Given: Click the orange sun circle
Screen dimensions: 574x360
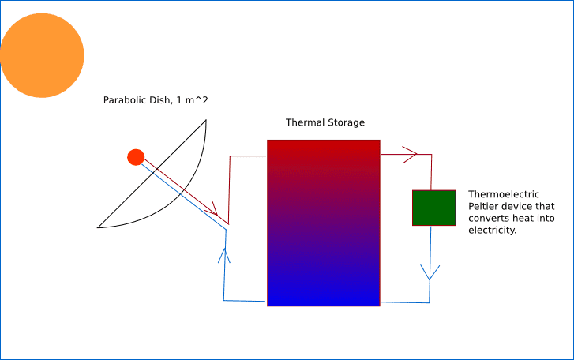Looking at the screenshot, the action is click(x=42, y=55).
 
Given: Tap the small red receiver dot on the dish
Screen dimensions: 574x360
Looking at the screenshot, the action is click(x=136, y=157).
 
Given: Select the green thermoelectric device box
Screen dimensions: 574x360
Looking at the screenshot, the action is click(x=433, y=208).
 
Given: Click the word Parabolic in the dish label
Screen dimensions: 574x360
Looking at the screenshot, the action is click(x=125, y=100).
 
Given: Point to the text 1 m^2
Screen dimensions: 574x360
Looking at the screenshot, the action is click(x=192, y=100).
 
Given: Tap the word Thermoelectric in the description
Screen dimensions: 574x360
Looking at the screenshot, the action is click(x=504, y=194).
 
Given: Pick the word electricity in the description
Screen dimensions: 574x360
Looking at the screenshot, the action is click(x=493, y=230).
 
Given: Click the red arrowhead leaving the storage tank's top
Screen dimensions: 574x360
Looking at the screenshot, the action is click(x=410, y=155).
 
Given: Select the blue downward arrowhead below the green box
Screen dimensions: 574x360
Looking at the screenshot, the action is click(x=430, y=272).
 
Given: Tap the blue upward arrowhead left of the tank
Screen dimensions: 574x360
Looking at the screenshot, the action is click(x=224, y=255).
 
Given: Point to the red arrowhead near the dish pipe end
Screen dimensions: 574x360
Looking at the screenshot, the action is click(x=212, y=209).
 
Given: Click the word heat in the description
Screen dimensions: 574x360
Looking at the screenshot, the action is click(x=523, y=219).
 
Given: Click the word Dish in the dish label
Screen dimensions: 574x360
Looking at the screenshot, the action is click(x=161, y=100).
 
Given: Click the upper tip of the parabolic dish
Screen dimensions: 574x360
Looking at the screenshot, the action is click(x=206, y=120).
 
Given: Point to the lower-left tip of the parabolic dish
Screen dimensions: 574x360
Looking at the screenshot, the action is click(x=98, y=227).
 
